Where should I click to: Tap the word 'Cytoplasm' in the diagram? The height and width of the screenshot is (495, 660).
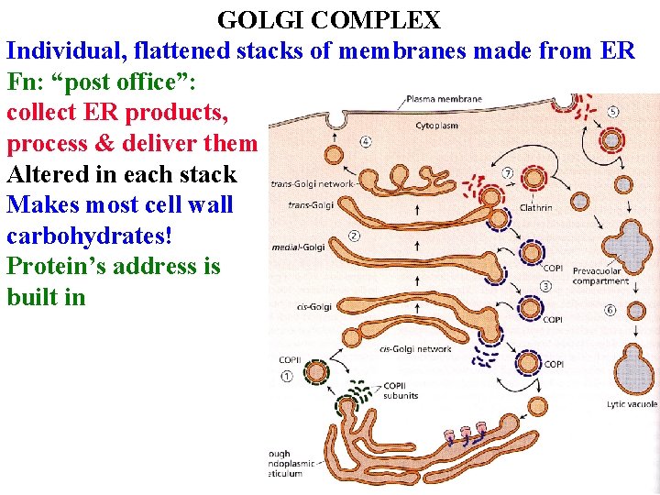pos(436,125)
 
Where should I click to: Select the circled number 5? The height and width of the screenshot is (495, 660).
pos(612,113)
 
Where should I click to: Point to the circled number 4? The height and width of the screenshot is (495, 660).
pos(366,141)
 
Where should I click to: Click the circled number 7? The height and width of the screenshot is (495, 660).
pos(508,172)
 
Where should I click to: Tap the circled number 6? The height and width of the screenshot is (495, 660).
pos(610,310)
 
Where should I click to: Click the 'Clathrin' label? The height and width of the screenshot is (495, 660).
pos(535,207)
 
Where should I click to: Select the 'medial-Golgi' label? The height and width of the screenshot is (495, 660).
pos(299,247)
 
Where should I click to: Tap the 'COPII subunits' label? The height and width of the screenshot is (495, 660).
pos(401,390)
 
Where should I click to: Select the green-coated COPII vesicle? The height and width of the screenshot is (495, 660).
pos(317,373)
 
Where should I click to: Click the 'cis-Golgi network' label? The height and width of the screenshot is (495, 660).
pos(414,348)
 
